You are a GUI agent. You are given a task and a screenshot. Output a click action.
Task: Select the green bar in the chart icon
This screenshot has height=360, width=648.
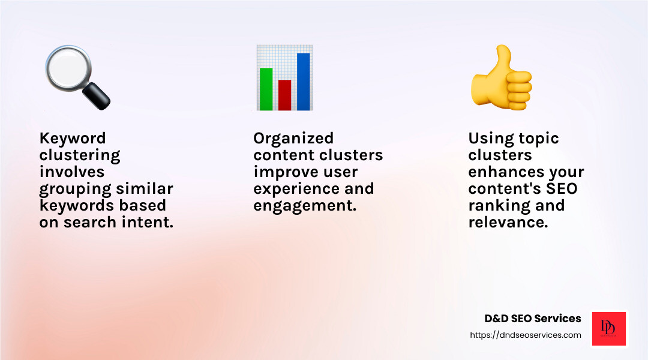tap(265, 89)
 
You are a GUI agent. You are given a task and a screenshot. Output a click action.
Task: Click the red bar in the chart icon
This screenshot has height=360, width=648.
tap(284, 95)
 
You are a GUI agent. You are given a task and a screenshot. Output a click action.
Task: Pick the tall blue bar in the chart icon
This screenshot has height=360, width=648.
tap(303, 82)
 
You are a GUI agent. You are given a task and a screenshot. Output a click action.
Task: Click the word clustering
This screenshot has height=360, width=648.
tap(80, 155)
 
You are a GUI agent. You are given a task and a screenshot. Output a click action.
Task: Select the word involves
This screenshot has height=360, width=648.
tap(71, 172)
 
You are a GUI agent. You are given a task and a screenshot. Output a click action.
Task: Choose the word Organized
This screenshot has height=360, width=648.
tap(293, 139)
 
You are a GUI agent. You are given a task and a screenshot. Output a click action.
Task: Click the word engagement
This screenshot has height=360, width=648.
tap(305, 206)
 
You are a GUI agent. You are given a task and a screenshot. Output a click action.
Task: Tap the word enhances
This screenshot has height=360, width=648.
tap(506, 172)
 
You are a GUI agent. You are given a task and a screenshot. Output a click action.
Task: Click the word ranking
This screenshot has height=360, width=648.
tap(497, 206)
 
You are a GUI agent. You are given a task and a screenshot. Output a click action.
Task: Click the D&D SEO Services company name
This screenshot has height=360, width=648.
tap(533, 319)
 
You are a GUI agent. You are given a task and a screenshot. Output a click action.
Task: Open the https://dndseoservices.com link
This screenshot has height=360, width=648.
tap(526, 335)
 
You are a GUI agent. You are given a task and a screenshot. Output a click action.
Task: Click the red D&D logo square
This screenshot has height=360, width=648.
tap(609, 328)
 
